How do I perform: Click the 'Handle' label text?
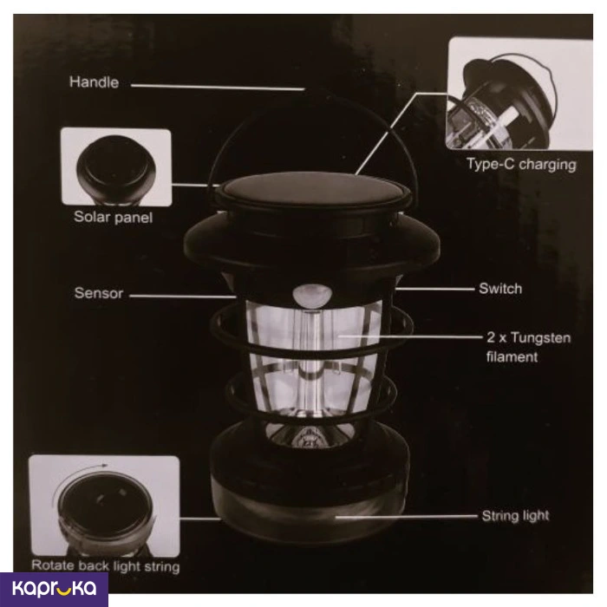coord(94,83)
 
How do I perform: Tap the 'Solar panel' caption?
coord(113,217)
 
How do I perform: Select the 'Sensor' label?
coord(98,293)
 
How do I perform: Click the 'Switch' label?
coord(500,288)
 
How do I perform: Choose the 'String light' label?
coord(515,516)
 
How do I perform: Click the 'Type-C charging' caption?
coord(521,164)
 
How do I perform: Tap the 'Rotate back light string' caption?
coord(104,566)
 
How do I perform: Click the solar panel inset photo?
coord(115,166)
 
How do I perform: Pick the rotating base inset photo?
coord(103,506)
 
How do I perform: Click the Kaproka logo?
coord(54,589)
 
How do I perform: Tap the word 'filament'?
coord(512,356)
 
